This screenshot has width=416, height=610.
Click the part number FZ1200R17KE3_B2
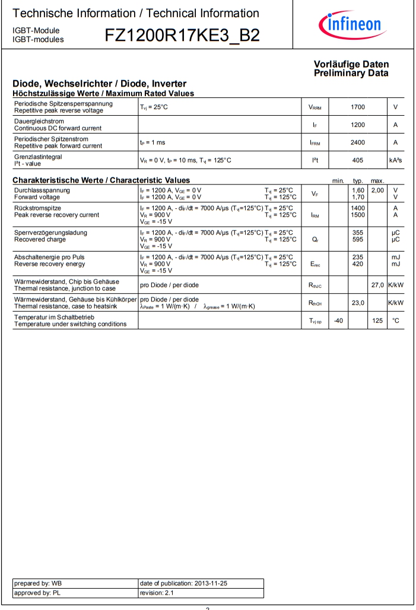(x=182, y=36)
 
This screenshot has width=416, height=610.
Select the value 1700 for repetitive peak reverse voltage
(x=357, y=107)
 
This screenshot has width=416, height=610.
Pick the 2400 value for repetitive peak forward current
(x=357, y=143)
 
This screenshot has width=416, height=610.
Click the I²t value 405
(x=357, y=160)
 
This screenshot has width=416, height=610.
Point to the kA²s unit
(x=395, y=160)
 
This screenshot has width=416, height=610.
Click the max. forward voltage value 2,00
(x=377, y=190)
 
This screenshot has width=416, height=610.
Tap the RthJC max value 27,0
(x=377, y=285)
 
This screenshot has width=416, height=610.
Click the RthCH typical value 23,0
(x=357, y=303)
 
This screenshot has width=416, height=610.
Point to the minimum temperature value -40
(x=338, y=320)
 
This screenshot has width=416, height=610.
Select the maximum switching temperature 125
(x=377, y=320)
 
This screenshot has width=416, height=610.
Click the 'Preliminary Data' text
(x=351, y=74)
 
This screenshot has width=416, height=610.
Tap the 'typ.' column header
(x=358, y=180)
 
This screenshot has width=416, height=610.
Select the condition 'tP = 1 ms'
(x=153, y=143)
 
